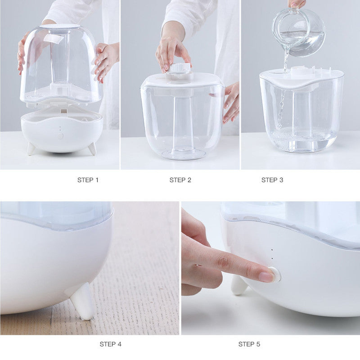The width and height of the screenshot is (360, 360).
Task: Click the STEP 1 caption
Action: (x=88, y=180)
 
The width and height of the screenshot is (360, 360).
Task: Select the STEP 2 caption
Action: (x=180, y=180)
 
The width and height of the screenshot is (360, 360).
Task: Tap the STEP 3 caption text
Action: (x=272, y=180)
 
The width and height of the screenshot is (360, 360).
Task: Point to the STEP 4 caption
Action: (x=110, y=344)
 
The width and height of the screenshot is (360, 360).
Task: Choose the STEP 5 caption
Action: (x=249, y=344)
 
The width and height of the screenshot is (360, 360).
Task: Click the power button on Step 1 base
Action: (x=60, y=135)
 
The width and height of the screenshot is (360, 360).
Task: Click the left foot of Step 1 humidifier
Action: (x=31, y=148)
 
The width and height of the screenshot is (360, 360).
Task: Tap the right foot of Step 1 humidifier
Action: (x=92, y=148)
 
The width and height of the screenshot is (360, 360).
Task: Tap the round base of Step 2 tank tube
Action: (x=184, y=154)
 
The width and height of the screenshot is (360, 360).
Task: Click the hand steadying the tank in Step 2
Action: (x=231, y=101)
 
